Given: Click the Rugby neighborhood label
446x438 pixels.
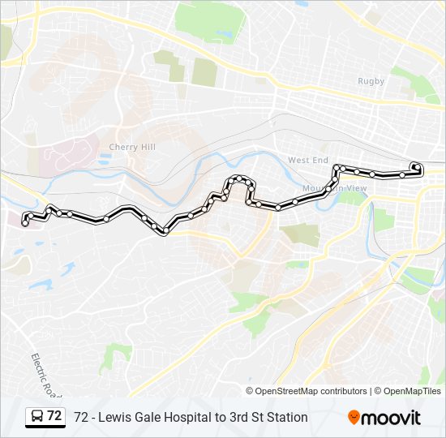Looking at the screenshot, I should pos(371,80).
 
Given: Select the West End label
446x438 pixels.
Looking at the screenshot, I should pos(307,161).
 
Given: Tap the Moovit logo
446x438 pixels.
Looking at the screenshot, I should pos(384,418).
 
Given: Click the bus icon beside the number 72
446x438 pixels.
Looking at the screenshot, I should pos(37,417).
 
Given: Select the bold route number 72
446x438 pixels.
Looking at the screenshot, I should pos(54,416).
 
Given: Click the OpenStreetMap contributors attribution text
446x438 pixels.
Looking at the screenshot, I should pos(311,391).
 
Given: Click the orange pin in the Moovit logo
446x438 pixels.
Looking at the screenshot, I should pos(354,418).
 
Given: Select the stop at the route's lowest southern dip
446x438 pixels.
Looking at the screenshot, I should pos(165,231).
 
